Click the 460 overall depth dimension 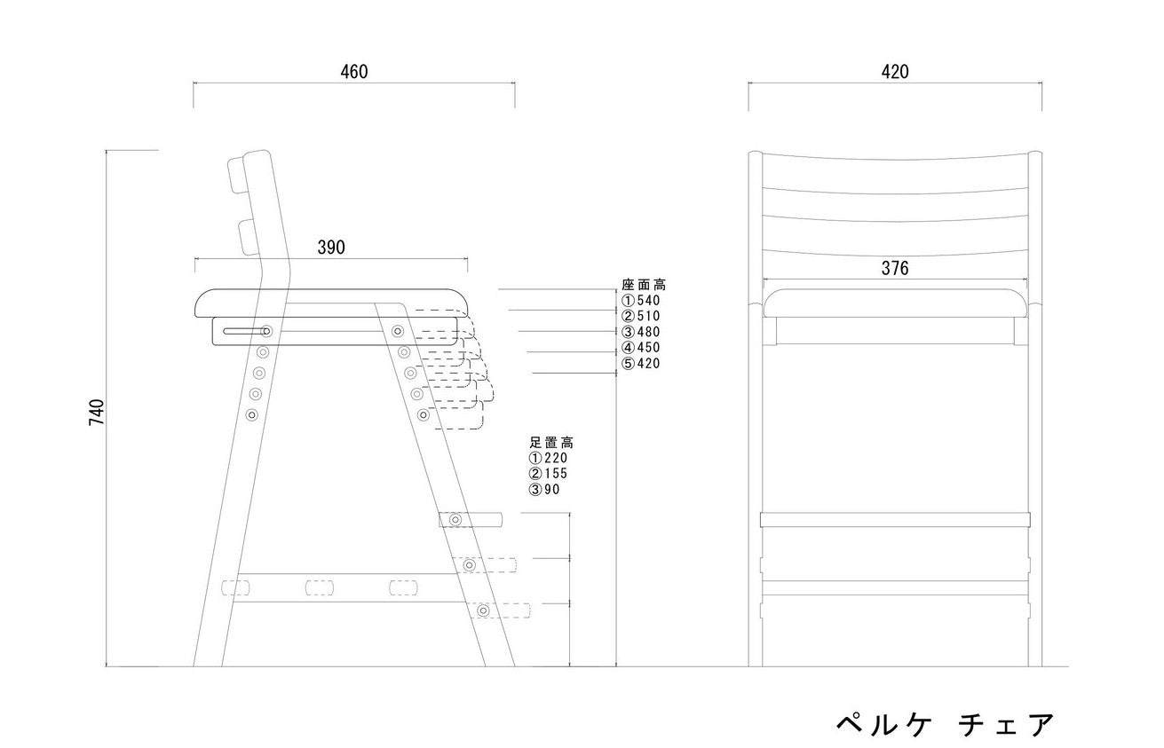point(354,72)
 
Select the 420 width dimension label point(895,72)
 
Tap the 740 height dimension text point(97,412)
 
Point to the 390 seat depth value point(331,248)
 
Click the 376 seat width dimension point(895,268)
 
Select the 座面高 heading point(644,285)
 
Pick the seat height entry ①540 point(641,300)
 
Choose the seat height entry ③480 point(641,331)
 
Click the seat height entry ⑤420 point(641,363)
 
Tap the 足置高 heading point(551,443)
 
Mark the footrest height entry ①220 point(548,458)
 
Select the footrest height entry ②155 point(548,474)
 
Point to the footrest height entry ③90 point(544,489)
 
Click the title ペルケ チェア point(946,724)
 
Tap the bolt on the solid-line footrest point(455,519)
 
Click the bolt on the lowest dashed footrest point(484,610)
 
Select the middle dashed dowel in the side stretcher point(319,587)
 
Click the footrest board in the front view point(895,520)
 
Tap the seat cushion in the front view point(895,303)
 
